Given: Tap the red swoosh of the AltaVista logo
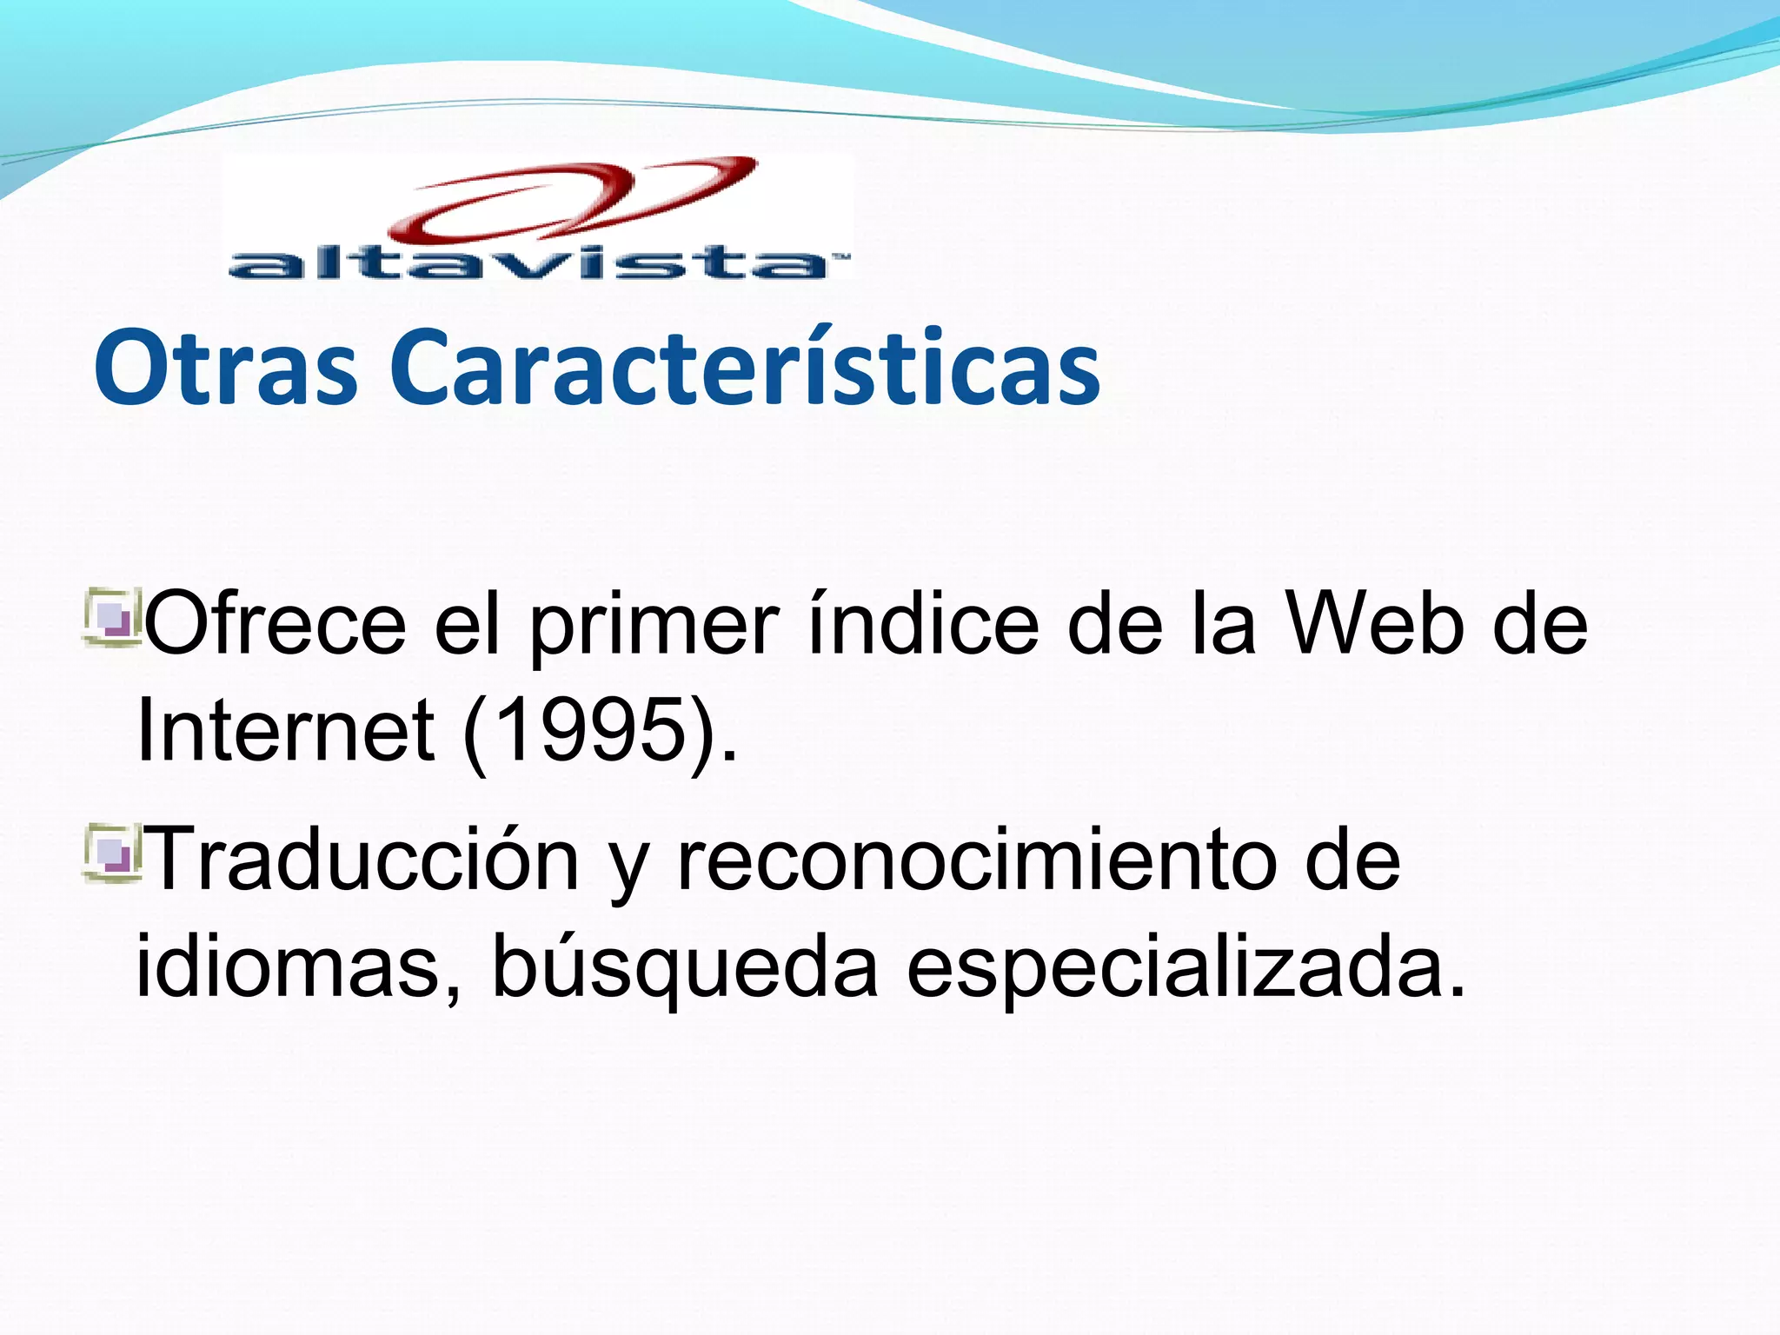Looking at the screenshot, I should (x=574, y=200).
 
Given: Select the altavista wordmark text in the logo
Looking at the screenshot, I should (x=530, y=263).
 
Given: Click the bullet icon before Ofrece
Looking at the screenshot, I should (x=112, y=618).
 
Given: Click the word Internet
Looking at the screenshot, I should (x=285, y=730).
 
